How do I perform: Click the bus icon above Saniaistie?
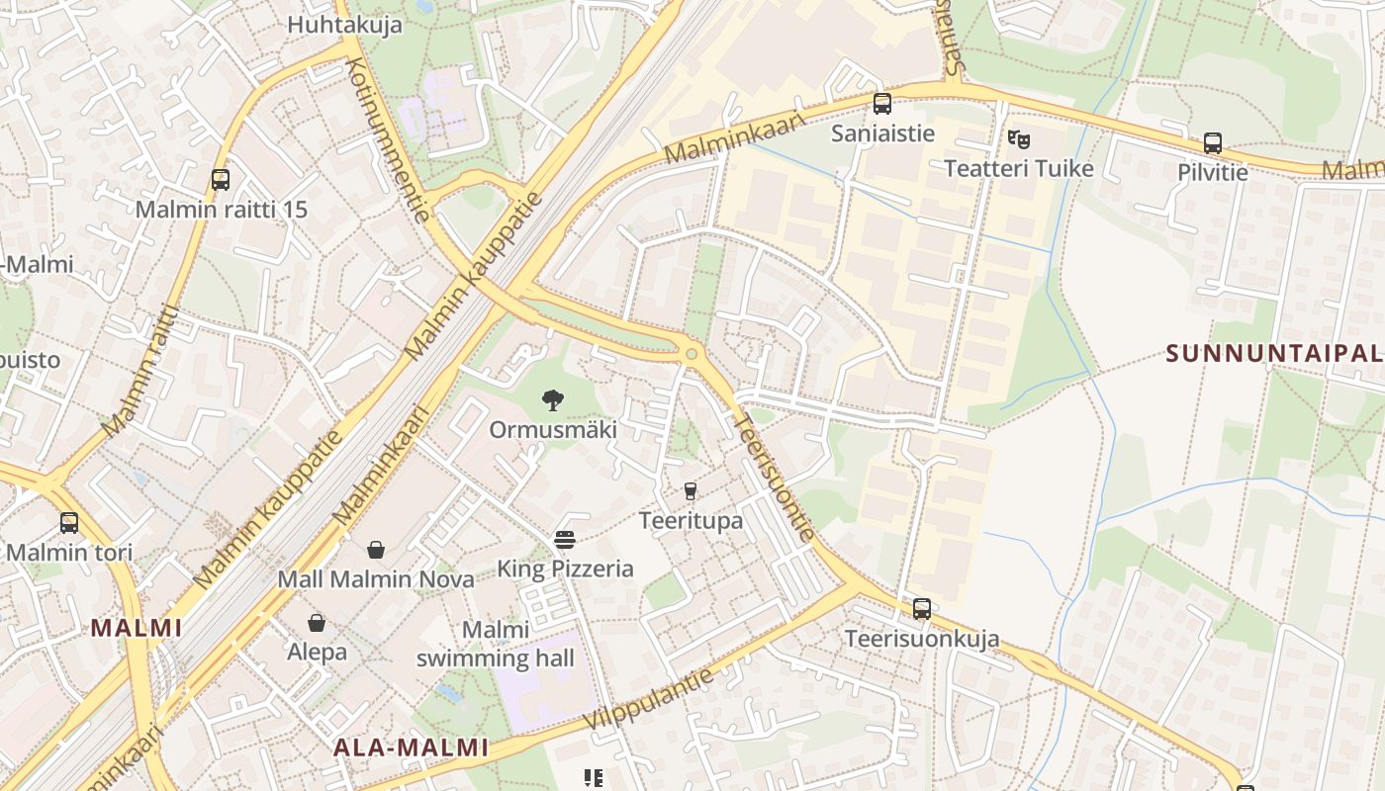882,104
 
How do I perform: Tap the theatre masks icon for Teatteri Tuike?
1019,139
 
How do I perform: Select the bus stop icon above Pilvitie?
1213,143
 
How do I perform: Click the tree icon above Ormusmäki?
553,400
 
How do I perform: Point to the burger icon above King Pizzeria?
565,540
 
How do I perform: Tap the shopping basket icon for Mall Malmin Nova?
376,550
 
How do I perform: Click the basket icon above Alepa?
317,623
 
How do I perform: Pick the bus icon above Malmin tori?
69,523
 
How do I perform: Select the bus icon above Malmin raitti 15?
221,180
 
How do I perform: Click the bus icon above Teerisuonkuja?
922,609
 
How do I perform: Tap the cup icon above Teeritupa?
691,490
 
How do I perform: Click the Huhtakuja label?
344,25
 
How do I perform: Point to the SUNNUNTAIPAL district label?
1274,353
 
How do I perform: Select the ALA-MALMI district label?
411,747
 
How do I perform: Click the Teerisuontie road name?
775,477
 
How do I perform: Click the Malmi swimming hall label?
495,644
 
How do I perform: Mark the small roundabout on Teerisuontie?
692,353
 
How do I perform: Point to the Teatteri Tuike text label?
1019,168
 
